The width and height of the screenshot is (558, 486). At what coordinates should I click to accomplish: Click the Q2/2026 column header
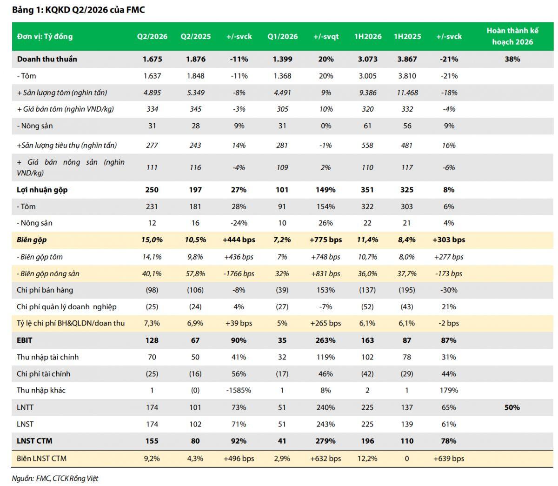point(152,37)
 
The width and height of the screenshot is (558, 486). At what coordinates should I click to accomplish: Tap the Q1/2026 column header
point(282,37)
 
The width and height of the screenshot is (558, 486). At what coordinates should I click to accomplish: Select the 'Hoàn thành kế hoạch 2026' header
point(512,36)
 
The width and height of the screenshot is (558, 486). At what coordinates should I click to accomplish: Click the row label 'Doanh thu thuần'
point(47,59)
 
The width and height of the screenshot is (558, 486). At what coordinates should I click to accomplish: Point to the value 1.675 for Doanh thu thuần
point(152,59)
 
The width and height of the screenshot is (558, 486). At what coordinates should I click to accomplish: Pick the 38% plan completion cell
point(512,59)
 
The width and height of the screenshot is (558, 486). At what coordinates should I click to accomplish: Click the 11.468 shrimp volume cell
point(407,93)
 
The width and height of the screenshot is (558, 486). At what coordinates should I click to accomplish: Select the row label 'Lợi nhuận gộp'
point(42,190)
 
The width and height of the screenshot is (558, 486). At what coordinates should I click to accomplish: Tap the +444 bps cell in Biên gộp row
point(239,240)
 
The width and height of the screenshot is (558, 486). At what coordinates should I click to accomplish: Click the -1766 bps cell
point(239,273)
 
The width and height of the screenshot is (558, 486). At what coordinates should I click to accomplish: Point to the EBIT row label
point(24,340)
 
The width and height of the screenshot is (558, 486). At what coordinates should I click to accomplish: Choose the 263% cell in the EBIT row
point(325,340)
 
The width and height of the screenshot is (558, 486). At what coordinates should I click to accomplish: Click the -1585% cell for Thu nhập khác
point(239,390)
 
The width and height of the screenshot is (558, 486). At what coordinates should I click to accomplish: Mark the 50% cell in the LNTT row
point(512,407)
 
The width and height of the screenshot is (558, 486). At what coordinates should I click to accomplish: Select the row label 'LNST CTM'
point(34,441)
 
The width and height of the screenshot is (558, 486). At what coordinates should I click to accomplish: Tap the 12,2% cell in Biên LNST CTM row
point(367,459)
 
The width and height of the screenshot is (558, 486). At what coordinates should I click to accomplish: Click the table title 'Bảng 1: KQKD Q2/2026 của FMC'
point(79,10)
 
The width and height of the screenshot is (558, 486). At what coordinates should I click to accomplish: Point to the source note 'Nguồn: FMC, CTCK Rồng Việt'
point(55,479)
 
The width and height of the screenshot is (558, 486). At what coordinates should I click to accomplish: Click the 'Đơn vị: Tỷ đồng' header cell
point(45,37)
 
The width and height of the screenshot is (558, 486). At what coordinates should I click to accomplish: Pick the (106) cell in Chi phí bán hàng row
point(195,290)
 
